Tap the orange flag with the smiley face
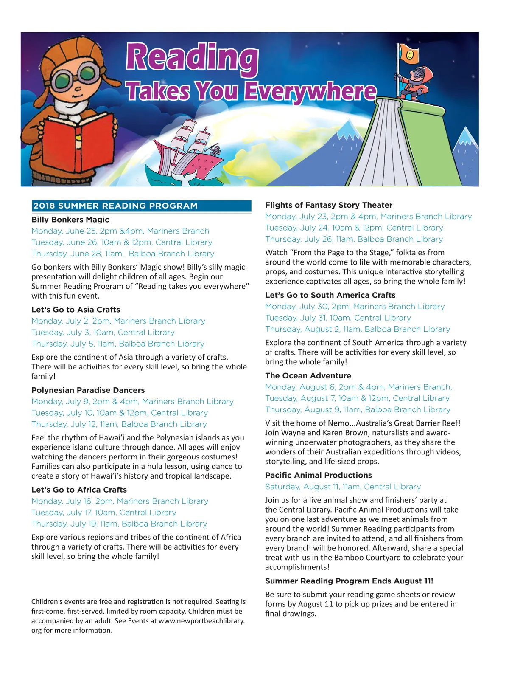409,54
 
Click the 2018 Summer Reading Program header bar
141,206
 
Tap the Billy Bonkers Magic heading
70,220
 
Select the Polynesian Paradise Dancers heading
88,390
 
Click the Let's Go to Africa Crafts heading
79,490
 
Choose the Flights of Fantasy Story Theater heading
329,205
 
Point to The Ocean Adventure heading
308,375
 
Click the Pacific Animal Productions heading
318,475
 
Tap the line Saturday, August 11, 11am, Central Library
343,487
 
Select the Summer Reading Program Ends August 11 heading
349,581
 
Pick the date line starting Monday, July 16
120,501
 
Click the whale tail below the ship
185,179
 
